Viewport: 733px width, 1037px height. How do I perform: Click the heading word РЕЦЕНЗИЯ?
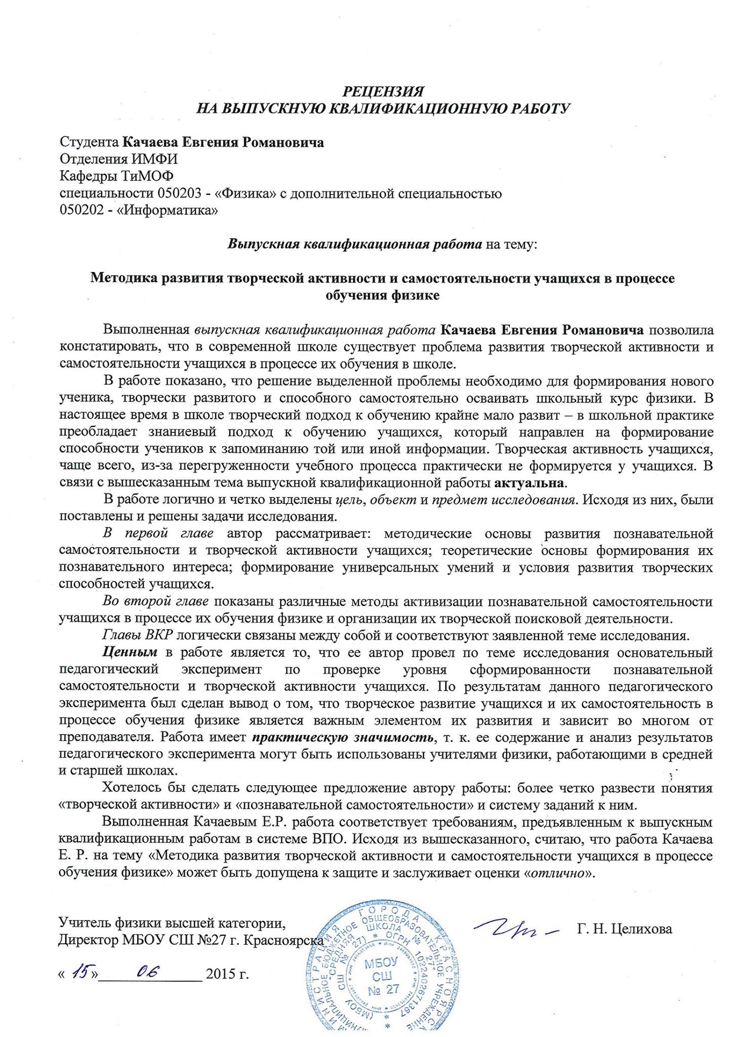pyautogui.click(x=383, y=91)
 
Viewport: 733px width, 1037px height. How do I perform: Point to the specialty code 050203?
pyautogui.click(x=181, y=193)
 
